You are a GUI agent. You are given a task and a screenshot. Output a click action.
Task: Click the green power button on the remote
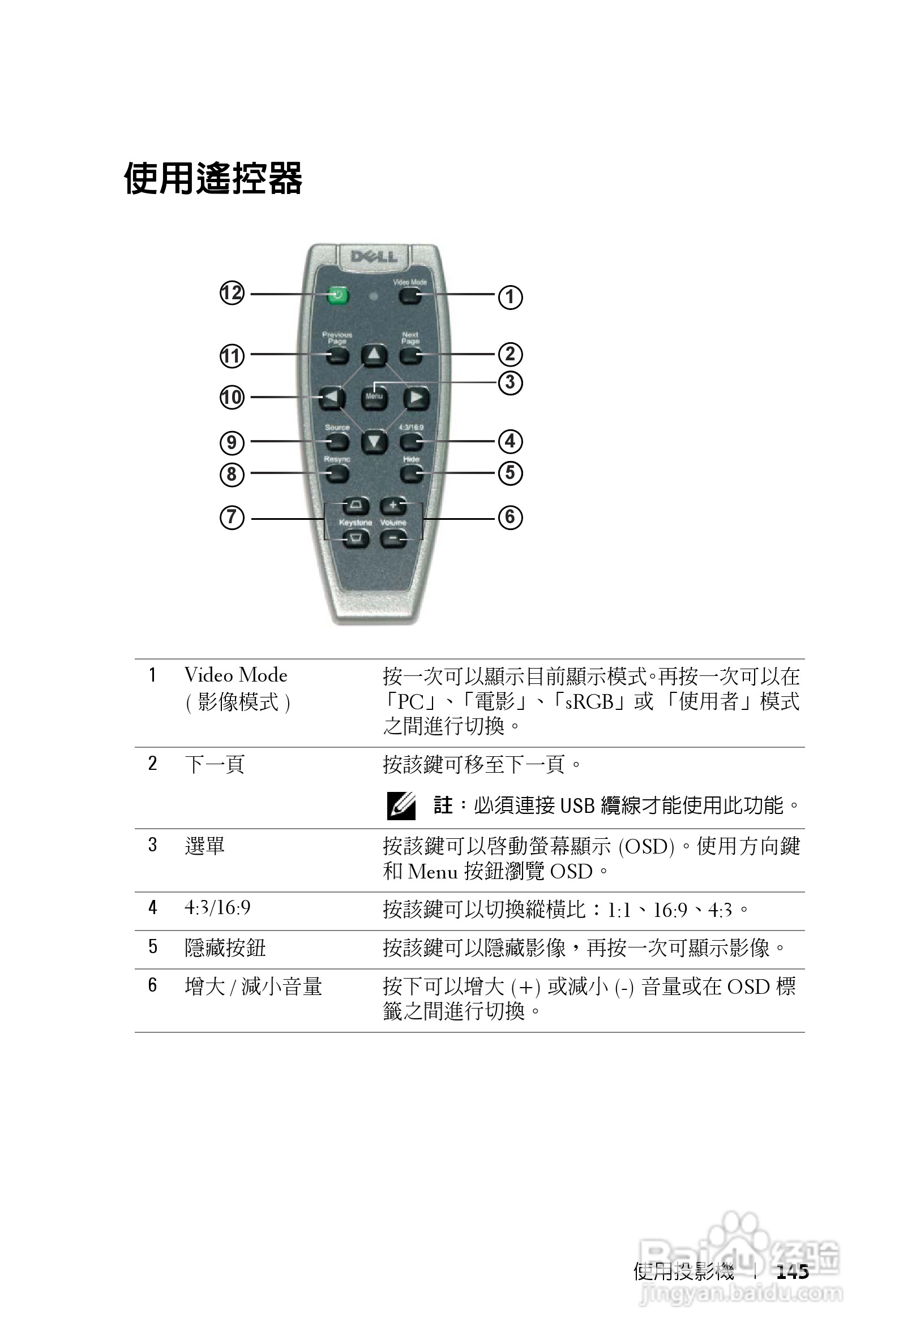pos(339,296)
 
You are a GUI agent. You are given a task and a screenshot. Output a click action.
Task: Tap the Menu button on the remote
pos(374,397)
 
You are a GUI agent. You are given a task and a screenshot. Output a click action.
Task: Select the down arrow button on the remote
pos(374,442)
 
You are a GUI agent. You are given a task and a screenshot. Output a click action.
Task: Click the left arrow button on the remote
pos(331,397)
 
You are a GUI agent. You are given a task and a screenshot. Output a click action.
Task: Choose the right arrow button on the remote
pos(416,397)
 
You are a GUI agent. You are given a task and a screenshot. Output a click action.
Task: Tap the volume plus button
pos(393,505)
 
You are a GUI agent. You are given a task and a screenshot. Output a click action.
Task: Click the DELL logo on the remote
pos(373,256)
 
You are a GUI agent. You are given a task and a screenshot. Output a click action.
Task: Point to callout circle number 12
pos(232,294)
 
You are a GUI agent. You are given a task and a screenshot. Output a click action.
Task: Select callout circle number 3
pos(510,382)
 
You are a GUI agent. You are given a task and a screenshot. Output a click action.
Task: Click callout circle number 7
pos(232,518)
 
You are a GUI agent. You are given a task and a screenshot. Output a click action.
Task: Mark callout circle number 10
pos(232,397)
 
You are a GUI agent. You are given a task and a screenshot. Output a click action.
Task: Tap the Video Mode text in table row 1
pos(236,675)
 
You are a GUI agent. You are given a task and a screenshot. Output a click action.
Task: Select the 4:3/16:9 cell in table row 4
pos(217,907)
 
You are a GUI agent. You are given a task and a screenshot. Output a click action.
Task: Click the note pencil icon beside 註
pos(401,805)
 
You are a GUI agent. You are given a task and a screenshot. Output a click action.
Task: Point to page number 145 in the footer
pos(793,1272)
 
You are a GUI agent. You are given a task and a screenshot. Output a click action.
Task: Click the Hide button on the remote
pos(411,473)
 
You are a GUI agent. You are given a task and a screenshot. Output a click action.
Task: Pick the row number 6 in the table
pos(152,985)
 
